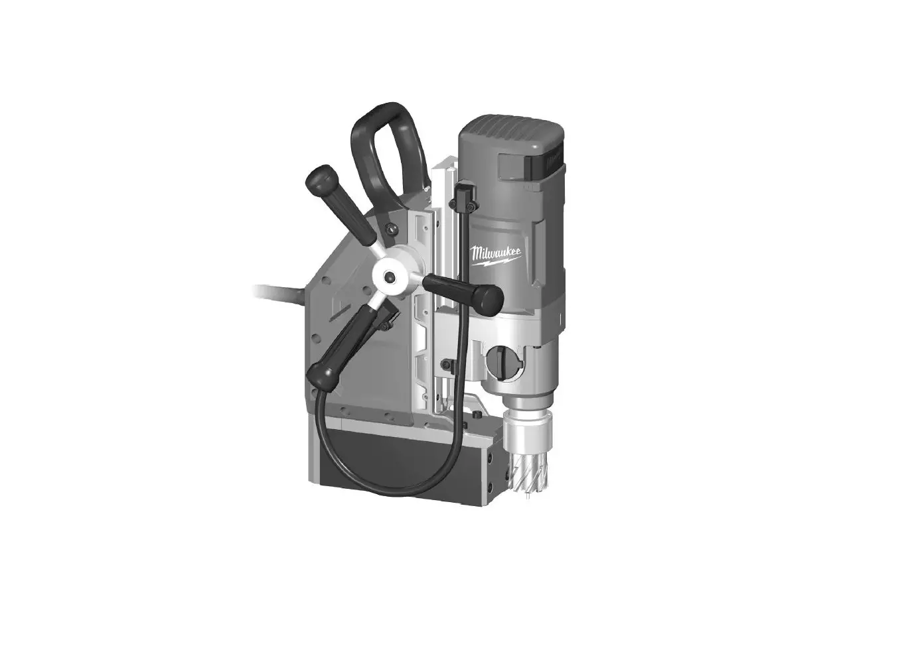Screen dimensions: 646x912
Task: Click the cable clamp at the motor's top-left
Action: pyautogui.click(x=464, y=194)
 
